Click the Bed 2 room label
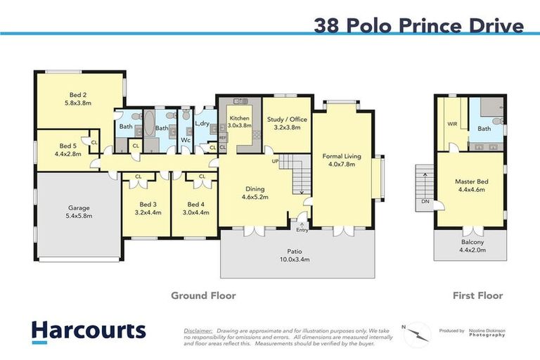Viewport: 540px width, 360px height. pos(78,95)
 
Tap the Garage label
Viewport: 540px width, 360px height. pos(78,208)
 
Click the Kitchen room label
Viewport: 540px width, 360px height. pos(239,120)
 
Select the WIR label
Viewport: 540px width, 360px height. pos(452,124)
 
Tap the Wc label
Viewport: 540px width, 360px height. pos(186,139)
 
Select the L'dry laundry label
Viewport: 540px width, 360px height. pos(202,124)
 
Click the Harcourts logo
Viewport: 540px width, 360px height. pos(88,331)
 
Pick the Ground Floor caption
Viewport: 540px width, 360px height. pos(203,295)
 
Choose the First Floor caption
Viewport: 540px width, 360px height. pos(477,295)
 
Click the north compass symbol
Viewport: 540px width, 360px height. pos(417,331)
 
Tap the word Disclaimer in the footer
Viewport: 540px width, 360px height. pos(198,328)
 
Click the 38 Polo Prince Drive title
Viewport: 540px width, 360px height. pos(419,26)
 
